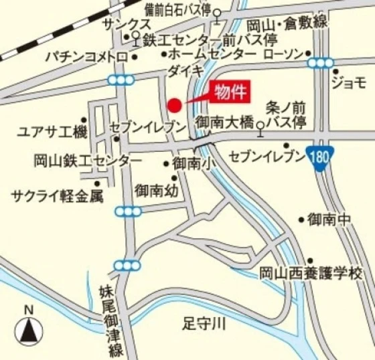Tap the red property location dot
tap(174, 105)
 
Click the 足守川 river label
tap(205, 325)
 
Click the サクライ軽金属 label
tap(58, 195)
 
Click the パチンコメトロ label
tap(86, 58)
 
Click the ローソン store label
tap(285, 53)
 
